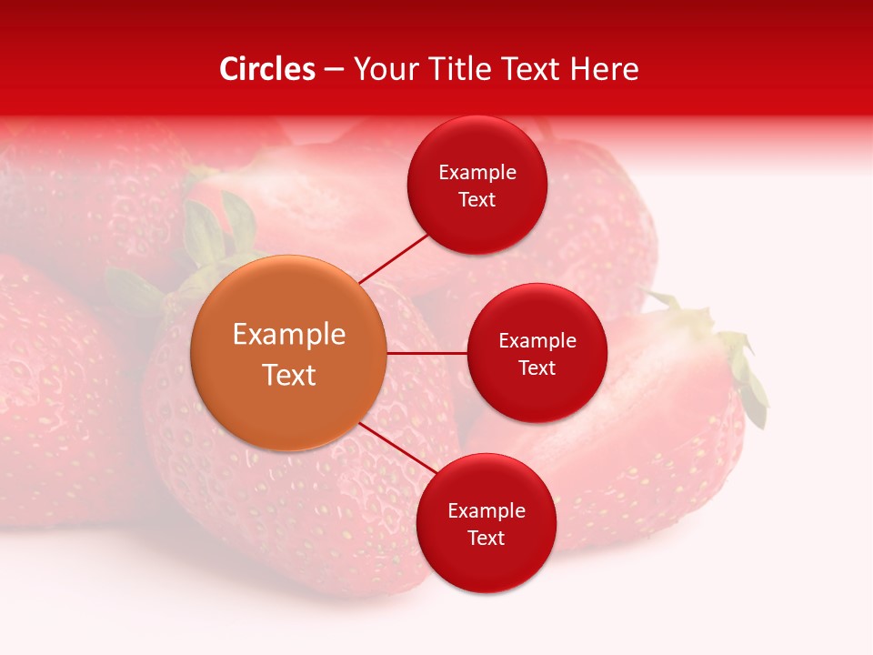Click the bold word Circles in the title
tap(267, 69)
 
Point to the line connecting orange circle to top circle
tap(393, 257)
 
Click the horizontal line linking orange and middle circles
tap(427, 353)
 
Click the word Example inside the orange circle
tap(289, 335)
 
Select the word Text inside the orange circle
tap(289, 375)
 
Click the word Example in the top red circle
tap(477, 173)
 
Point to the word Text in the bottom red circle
tap(486, 538)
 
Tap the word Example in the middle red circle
tap(537, 341)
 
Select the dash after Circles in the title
tap(334, 70)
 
